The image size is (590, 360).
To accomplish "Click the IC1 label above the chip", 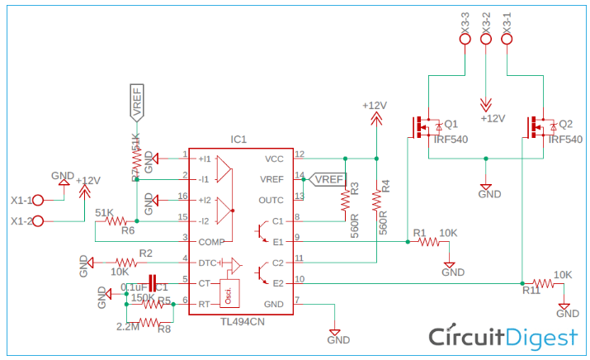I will coord(239,140).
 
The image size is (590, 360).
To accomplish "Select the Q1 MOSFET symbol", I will coord(427,126).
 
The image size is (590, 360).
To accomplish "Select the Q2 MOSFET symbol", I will coord(541,126).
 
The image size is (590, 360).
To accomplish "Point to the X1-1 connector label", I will coord(22,201).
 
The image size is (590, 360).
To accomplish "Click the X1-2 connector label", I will coord(22,221).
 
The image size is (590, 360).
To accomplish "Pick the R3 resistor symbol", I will coord(345,201).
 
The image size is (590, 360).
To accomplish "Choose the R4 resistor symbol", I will coord(376,201).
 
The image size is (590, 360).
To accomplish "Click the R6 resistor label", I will coord(127,231).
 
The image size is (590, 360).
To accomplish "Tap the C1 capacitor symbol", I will coord(152,283).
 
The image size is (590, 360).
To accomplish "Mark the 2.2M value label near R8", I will coord(128,327).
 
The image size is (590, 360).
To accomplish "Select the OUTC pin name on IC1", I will coord(271,200).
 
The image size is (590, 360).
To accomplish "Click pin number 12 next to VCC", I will coord(299,154).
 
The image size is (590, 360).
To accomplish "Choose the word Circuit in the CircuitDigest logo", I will coord(469,337).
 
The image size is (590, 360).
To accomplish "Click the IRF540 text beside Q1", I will coord(451,140).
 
